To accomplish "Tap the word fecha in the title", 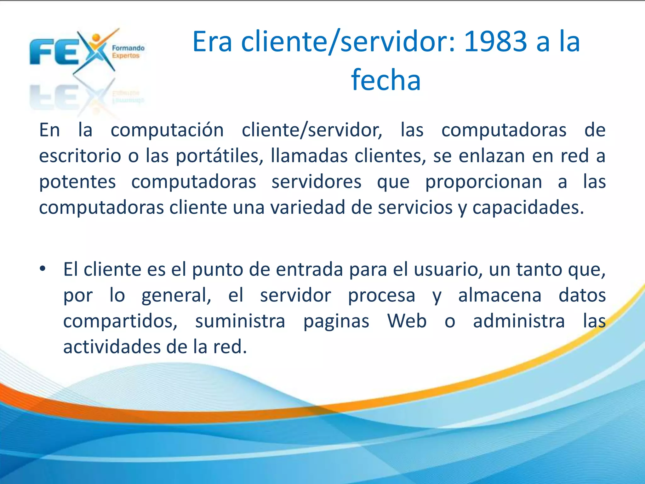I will [x=386, y=80].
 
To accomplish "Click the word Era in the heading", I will [x=212, y=42].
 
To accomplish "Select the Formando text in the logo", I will [x=128, y=48].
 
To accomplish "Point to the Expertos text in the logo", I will [x=126, y=56].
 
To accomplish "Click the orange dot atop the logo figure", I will [x=96, y=37].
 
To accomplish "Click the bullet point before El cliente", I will [x=43, y=269].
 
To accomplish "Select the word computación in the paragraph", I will [x=167, y=130].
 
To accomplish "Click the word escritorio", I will [x=80, y=156].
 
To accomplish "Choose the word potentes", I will [x=77, y=182].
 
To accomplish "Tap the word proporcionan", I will [x=483, y=182].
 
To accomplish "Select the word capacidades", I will [x=528, y=208].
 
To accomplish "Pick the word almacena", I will [x=500, y=295].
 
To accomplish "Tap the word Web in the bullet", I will [x=407, y=321].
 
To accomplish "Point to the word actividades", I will [x=112, y=347].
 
